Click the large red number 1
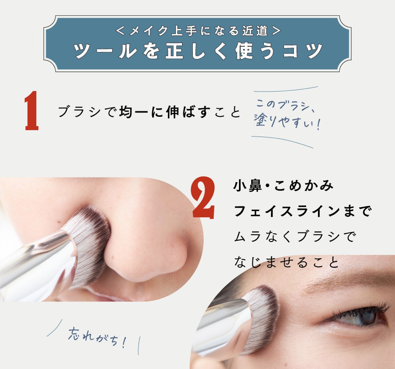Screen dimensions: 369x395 pyautogui.click(x=32, y=111)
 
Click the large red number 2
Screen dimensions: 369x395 pyautogui.click(x=204, y=198)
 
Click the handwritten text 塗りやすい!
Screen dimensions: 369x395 pyautogui.click(x=286, y=122)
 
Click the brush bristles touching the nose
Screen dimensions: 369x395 pyautogui.click(x=89, y=243)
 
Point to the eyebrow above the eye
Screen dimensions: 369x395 pyautogui.click(x=349, y=283)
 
